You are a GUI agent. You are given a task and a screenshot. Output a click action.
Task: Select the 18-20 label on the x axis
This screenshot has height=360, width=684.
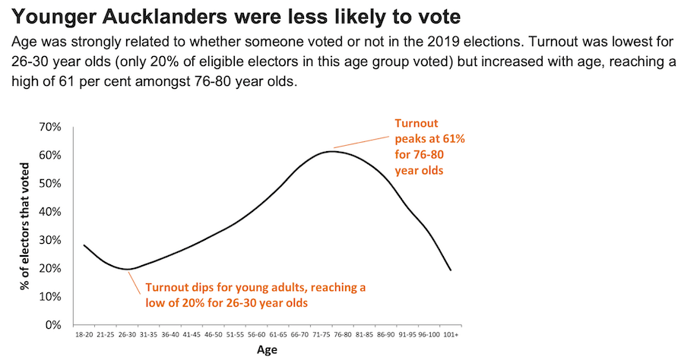(x=84, y=334)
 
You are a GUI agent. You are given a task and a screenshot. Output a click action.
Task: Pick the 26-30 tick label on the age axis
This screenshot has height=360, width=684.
(x=128, y=334)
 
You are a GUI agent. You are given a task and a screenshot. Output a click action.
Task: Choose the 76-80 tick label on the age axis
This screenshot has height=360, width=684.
(x=342, y=334)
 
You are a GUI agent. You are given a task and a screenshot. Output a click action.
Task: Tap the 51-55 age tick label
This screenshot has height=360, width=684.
(x=235, y=334)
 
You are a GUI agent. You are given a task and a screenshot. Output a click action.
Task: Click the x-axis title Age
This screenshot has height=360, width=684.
(x=267, y=349)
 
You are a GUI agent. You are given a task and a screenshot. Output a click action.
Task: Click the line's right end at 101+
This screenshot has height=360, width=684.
(x=450, y=270)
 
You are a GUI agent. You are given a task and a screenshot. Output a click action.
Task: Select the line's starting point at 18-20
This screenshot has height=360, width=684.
(x=84, y=245)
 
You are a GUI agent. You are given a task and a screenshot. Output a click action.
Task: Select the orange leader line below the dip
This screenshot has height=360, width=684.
(x=135, y=283)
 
